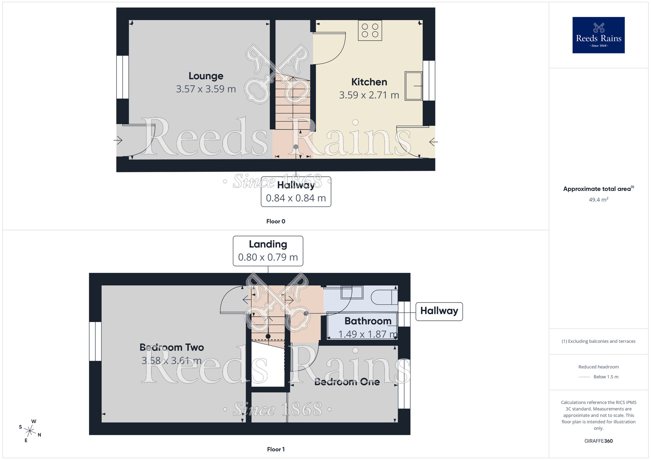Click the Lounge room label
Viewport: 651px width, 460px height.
[206, 76]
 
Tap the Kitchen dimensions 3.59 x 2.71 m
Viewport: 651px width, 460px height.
[369, 95]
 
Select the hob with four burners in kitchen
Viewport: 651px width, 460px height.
[370, 30]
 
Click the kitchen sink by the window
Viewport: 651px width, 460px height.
[413, 86]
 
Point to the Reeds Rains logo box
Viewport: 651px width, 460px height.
[598, 35]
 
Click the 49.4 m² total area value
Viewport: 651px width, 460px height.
[598, 199]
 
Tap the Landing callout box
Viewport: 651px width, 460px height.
[268, 251]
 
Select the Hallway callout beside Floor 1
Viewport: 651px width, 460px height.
[439, 311]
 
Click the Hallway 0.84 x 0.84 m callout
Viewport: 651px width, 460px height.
[296, 192]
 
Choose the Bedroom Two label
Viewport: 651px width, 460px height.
[172, 347]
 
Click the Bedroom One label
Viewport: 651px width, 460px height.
[347, 382]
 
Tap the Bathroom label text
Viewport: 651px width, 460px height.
[368, 321]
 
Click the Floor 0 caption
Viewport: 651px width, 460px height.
[276, 221]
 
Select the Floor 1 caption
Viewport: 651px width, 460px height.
[276, 449]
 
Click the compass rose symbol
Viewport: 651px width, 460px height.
[30, 431]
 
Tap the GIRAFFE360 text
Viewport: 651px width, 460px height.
[598, 441]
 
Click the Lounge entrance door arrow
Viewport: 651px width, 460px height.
[118, 140]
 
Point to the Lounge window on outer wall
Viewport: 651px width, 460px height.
[123, 77]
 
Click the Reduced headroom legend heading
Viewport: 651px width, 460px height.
[598, 367]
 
